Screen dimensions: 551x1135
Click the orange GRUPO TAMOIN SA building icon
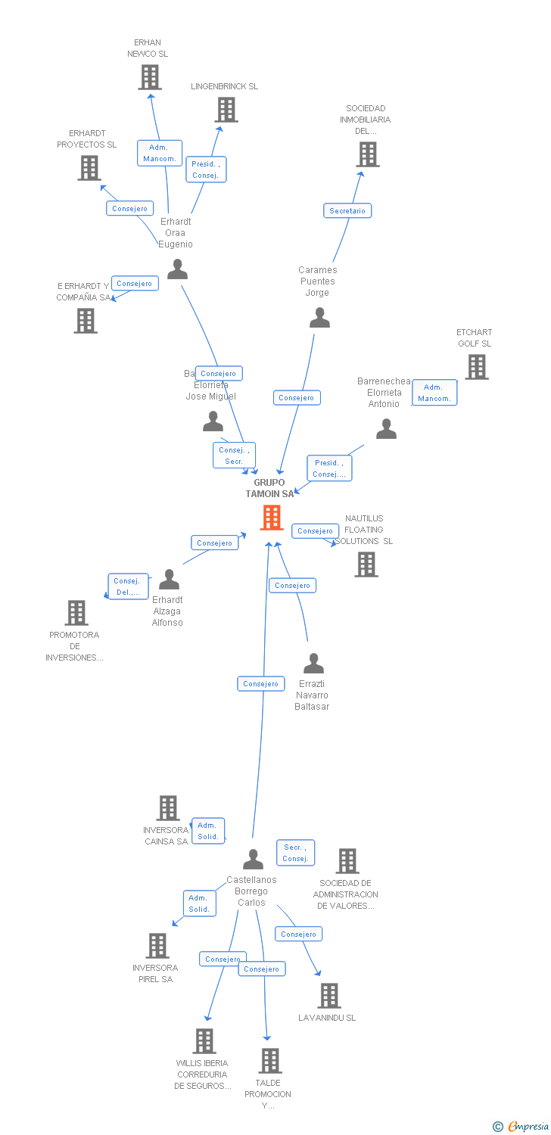coord(272,518)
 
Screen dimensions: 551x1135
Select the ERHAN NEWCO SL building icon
coord(150,77)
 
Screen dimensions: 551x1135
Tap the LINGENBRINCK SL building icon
coord(226,110)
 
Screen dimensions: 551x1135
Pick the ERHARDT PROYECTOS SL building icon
coord(89,168)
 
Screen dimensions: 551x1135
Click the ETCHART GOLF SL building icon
coord(476,367)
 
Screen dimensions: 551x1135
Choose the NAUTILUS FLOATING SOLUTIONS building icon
coord(366,564)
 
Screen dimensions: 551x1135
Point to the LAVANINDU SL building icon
coord(328,996)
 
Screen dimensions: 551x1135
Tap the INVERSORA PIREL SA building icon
coord(157,946)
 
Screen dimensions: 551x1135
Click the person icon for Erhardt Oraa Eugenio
coord(177,269)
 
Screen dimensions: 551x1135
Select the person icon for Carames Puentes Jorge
coord(319,318)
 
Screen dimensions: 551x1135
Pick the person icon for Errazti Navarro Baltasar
coord(313,664)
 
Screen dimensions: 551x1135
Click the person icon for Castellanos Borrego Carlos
coord(253,860)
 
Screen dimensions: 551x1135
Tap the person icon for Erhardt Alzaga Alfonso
coord(169,580)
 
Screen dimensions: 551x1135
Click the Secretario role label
coord(347,211)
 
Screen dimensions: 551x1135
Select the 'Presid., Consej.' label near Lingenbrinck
coord(206,169)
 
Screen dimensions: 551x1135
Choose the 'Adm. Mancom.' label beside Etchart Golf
coord(434,393)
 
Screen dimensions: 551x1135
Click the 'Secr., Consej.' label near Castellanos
coord(295,853)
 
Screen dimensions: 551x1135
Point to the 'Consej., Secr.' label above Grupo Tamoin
coord(234,456)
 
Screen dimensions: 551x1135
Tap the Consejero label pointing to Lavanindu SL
coord(298,934)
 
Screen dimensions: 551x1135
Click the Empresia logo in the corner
coord(521,1127)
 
